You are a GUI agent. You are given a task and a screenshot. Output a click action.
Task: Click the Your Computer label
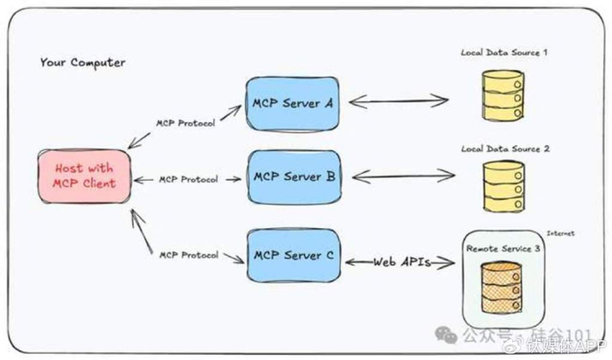point(82,63)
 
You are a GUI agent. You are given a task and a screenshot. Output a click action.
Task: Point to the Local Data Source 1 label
point(504,52)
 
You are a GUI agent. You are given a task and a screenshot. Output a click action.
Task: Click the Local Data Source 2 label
point(505,149)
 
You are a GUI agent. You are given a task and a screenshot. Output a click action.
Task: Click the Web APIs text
point(402,261)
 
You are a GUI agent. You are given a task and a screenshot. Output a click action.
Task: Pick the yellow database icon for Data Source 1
point(504,96)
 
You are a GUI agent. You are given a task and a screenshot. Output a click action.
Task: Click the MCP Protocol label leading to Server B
point(188,180)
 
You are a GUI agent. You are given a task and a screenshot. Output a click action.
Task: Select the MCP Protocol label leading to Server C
point(187,257)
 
